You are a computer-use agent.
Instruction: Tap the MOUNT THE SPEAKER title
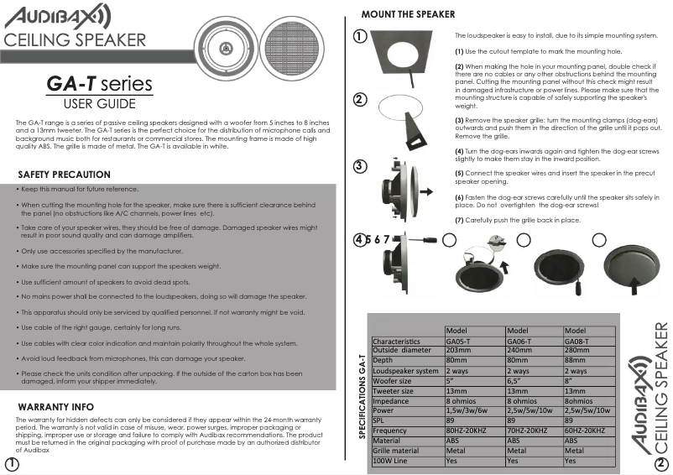coord(408,14)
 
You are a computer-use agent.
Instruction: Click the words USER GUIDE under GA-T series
coord(100,104)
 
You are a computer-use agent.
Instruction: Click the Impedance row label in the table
coord(394,400)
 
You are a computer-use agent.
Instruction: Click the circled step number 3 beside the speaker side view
coord(359,164)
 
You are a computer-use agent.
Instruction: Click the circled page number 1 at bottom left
coord(12,464)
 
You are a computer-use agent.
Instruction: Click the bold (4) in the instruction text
coord(459,151)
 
